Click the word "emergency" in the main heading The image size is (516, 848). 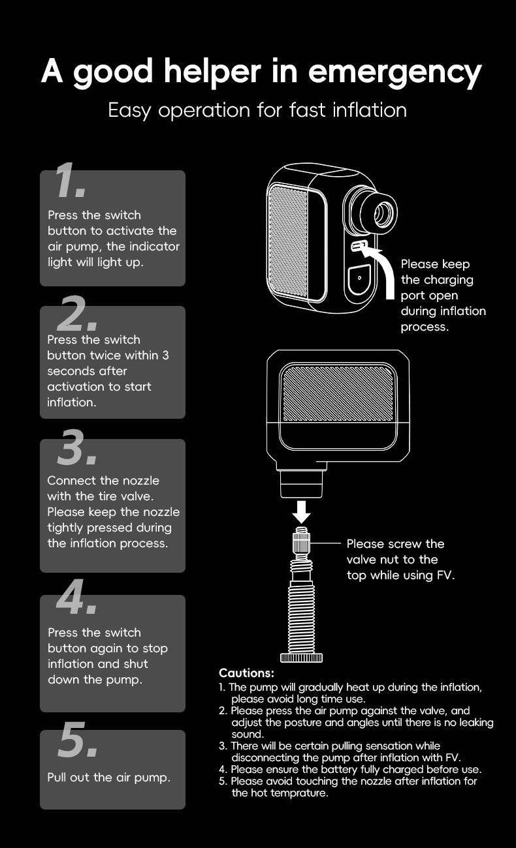pos(395,72)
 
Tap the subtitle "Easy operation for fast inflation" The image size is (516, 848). pos(257,110)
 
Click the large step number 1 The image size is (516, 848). pos(70,181)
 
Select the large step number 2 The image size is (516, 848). pos(77,314)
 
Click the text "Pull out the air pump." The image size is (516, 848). pos(108,778)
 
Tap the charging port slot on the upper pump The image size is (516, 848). pos(358,247)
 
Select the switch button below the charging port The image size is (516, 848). pos(359,279)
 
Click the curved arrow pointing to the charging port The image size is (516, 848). pos(385,267)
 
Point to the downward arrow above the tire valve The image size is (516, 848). pos(301,511)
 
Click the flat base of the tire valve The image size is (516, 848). pos(301,658)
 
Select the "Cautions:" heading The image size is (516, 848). pos(246,673)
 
